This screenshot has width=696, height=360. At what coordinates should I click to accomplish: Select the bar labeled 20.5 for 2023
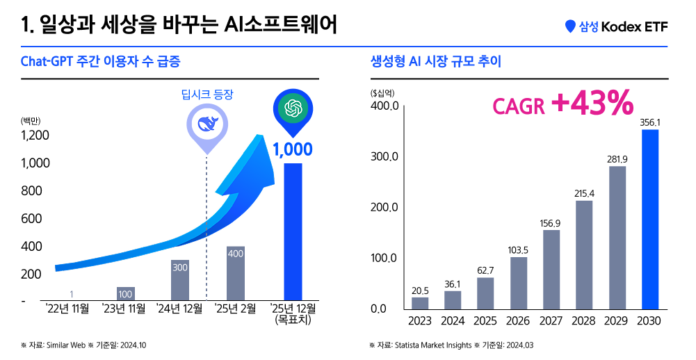click(420, 303)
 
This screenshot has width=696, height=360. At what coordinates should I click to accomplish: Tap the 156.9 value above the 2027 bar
click(551, 223)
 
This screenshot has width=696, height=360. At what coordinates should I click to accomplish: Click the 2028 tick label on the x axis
click(583, 322)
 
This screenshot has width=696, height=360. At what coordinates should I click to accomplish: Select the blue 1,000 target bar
click(293, 232)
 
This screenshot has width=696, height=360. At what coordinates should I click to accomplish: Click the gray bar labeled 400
click(236, 273)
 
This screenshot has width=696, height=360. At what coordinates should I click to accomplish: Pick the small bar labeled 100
click(125, 293)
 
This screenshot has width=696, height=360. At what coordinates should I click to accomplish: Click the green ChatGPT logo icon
click(293, 108)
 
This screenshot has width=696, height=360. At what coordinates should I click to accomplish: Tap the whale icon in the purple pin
click(207, 124)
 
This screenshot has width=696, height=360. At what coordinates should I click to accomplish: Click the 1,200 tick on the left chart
click(35, 136)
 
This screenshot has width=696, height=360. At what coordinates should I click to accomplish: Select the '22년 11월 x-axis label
click(67, 309)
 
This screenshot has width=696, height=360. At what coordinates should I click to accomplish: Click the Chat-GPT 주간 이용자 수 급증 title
click(101, 62)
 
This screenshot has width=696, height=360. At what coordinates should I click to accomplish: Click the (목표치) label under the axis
click(293, 321)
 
